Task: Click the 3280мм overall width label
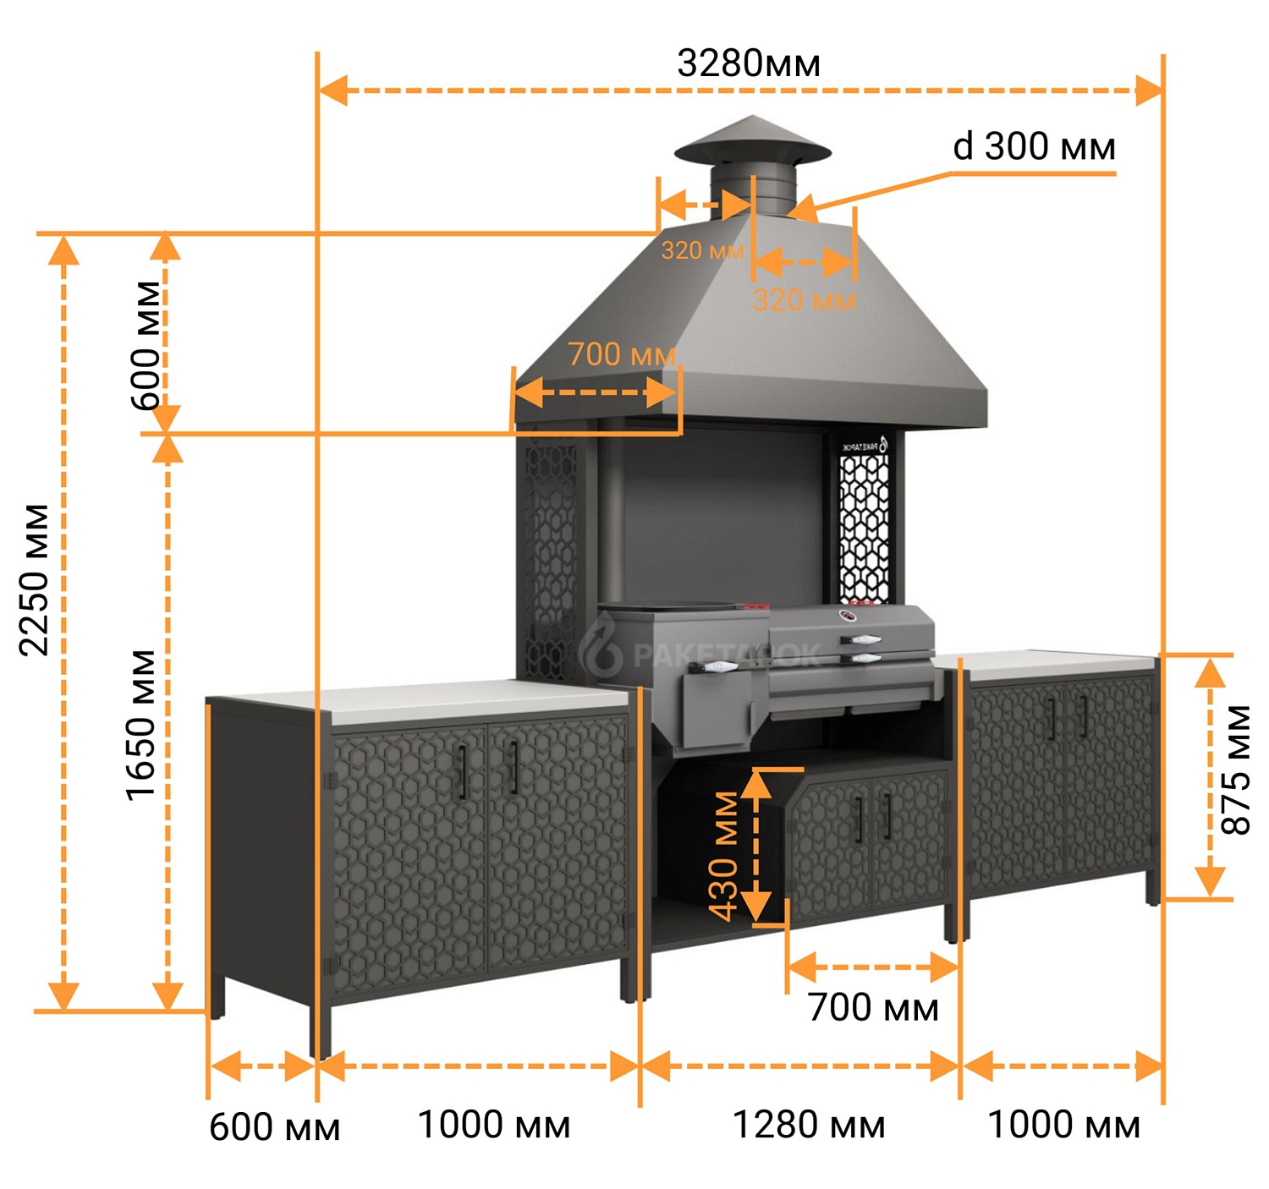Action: point(748,64)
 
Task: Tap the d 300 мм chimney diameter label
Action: point(1034,146)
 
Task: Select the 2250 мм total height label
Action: point(36,580)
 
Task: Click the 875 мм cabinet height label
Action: point(1236,770)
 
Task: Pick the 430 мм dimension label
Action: point(723,856)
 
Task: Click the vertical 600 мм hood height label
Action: point(146,345)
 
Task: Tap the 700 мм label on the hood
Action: point(622,354)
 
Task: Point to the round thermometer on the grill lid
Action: point(848,616)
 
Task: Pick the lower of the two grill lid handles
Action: point(860,657)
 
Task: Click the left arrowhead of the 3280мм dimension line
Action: point(332,90)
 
